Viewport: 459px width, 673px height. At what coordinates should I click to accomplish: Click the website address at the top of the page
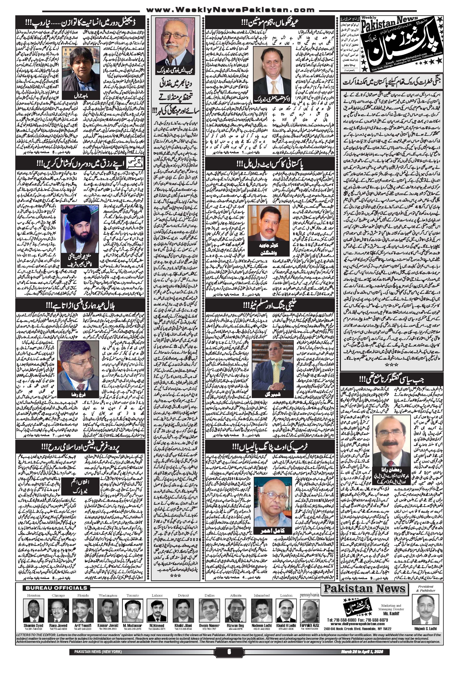pyautogui.click(x=229, y=10)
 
